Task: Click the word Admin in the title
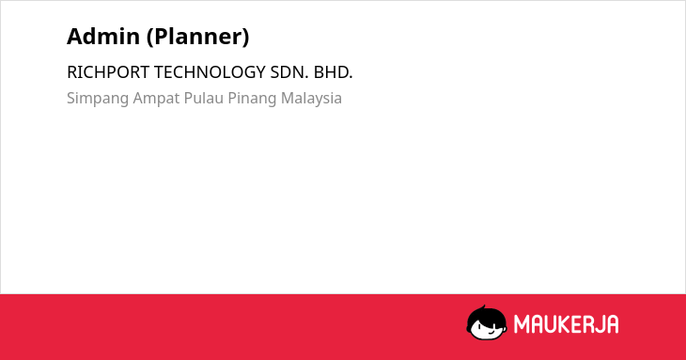(103, 37)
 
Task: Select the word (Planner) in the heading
(197, 37)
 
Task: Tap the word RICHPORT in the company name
(108, 72)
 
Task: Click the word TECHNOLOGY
(210, 72)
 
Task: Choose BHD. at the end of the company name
(333, 72)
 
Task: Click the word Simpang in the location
(98, 99)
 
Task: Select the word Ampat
(156, 99)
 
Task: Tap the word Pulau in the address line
(203, 98)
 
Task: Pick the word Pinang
(252, 99)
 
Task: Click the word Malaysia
(311, 99)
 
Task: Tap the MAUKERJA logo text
(566, 324)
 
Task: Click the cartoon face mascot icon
(487, 323)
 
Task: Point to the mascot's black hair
(486, 314)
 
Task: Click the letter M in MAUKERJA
(521, 324)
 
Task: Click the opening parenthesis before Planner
(149, 37)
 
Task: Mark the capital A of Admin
(74, 37)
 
